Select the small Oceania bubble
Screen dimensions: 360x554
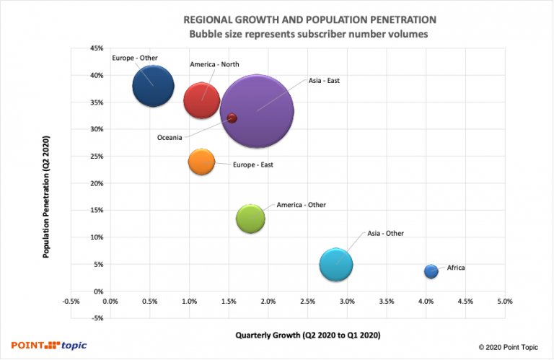point(232,118)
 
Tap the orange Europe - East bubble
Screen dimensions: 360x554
point(202,161)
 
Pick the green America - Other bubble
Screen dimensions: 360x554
point(251,219)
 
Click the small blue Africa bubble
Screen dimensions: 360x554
point(431,271)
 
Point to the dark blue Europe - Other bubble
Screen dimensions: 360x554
point(153,86)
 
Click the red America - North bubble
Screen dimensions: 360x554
point(201,100)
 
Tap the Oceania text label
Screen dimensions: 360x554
point(170,138)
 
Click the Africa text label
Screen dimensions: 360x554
point(456,268)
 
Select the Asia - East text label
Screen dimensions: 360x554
point(324,81)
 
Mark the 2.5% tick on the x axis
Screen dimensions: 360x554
point(307,301)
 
